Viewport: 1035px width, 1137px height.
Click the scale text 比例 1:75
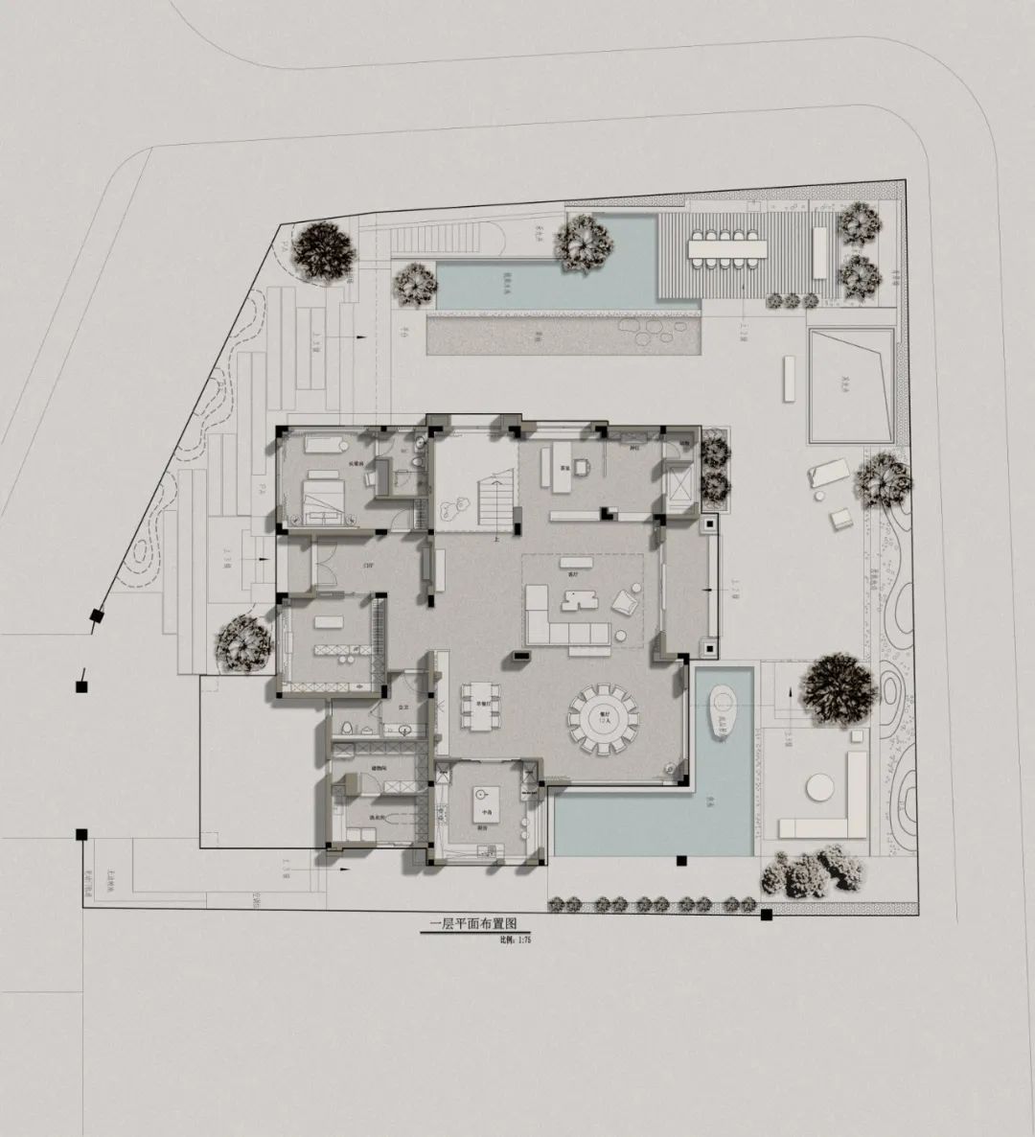pos(515,940)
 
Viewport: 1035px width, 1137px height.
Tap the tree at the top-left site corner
pos(323,251)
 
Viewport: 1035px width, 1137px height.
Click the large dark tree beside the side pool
pos(838,687)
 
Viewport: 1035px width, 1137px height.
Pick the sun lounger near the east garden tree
pos(828,472)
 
